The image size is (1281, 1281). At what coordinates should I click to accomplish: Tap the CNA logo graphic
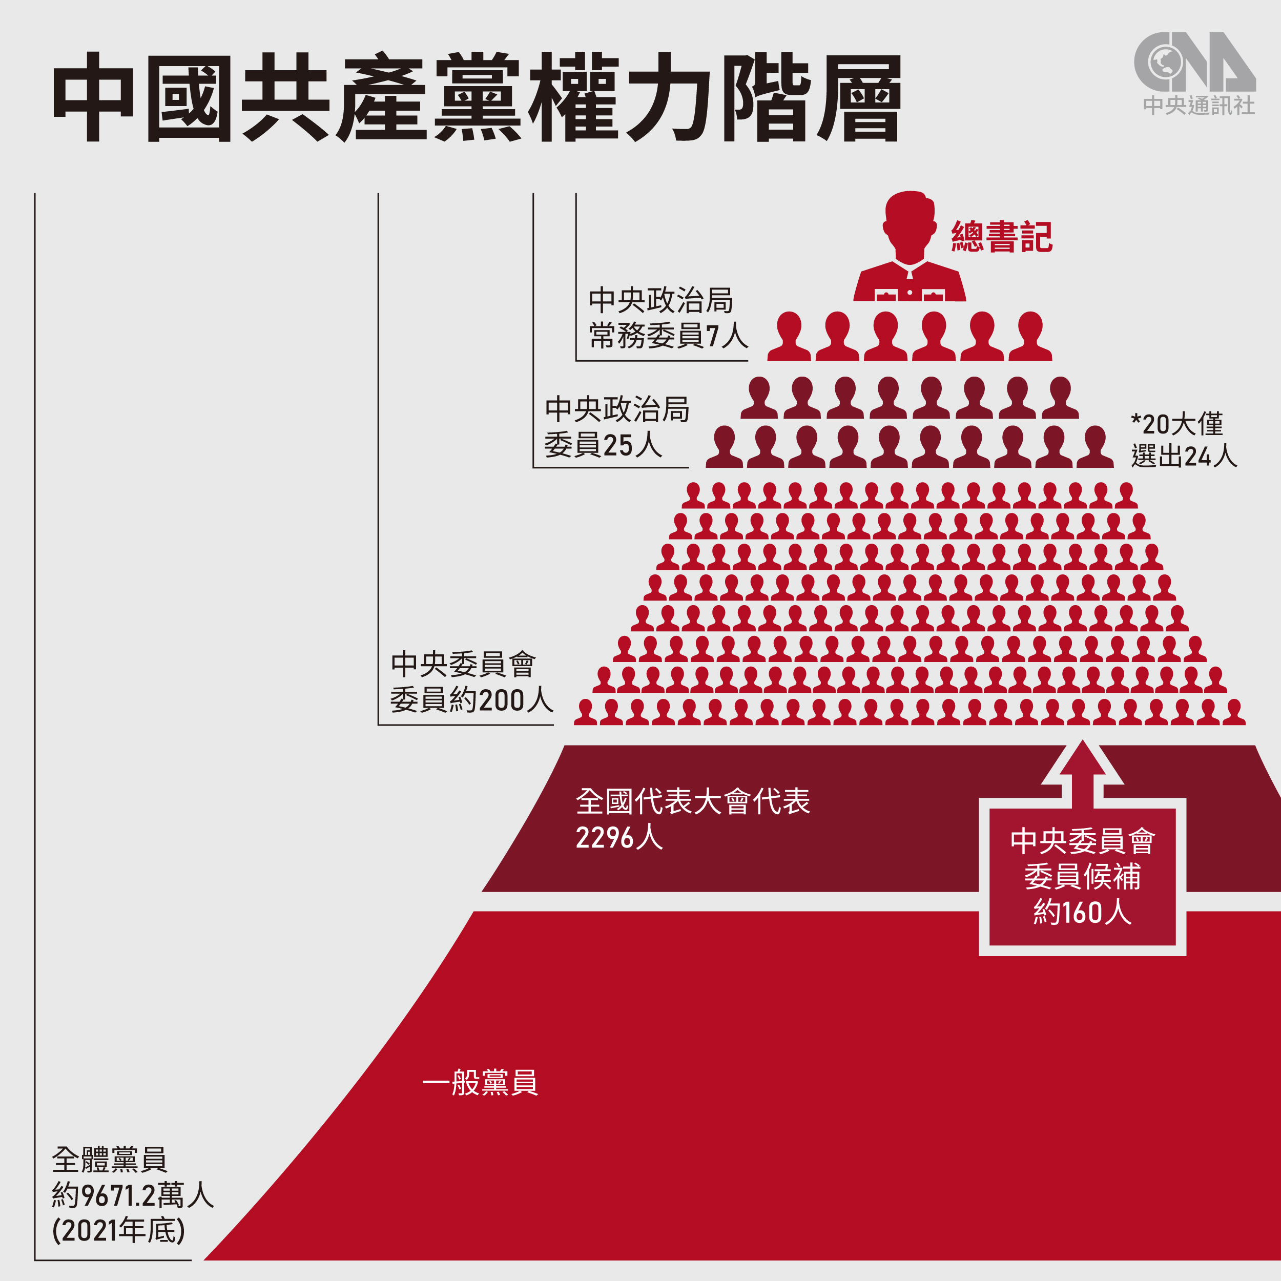(1194, 63)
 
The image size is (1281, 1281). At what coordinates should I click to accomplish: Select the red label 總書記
(1001, 237)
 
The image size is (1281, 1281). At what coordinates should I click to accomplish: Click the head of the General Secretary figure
(909, 222)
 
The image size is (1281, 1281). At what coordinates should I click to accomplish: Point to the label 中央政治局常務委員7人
(667, 318)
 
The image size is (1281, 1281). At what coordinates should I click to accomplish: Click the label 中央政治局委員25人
(616, 427)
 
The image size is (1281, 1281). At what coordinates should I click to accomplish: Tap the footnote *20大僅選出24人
(1184, 440)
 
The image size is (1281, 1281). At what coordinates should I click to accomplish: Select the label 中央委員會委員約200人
(471, 681)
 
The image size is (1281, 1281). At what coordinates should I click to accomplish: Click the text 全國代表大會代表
(692, 801)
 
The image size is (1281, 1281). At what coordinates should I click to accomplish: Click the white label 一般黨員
(480, 1082)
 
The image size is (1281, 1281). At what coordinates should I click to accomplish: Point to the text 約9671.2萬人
(133, 1195)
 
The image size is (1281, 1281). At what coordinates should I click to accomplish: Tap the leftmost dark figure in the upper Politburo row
(759, 398)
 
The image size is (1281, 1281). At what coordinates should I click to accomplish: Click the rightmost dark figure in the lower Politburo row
(1094, 447)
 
